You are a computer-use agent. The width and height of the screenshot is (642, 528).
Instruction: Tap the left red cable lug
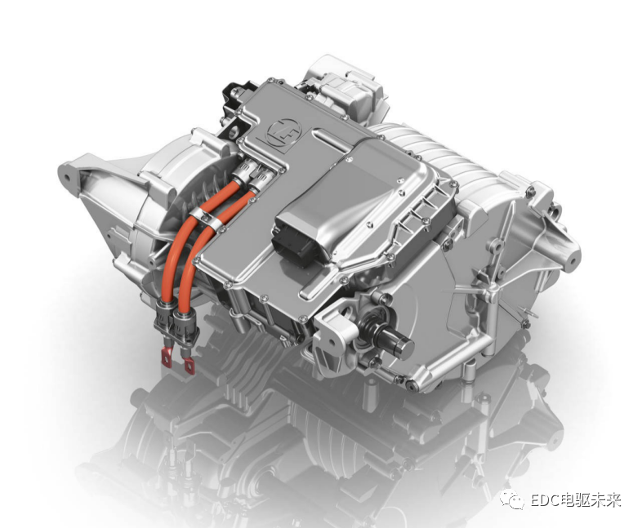(x=167, y=353)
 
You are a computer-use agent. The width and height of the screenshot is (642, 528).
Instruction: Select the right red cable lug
(x=189, y=365)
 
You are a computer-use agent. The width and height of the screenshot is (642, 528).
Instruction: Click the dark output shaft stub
(x=395, y=339)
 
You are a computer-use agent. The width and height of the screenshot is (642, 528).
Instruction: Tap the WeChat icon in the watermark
(x=512, y=500)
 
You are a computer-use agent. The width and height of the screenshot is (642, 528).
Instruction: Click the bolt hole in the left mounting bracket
(x=67, y=179)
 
